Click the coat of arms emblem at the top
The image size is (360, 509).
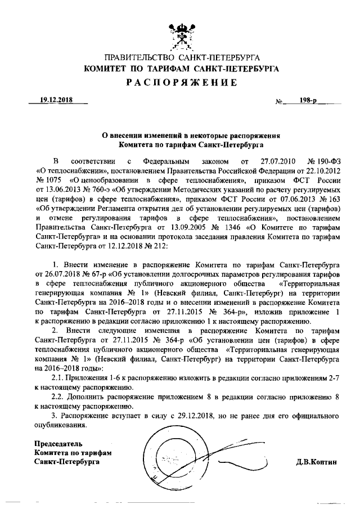pyautogui.click(x=180, y=34)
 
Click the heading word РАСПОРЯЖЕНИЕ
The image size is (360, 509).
pyautogui.click(x=180, y=82)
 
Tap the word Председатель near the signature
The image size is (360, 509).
pyautogui.click(x=58, y=444)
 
